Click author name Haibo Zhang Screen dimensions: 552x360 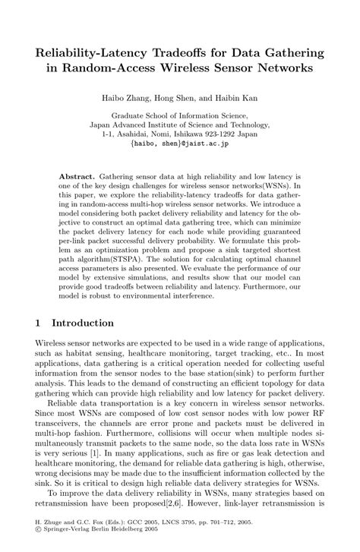tap(136, 99)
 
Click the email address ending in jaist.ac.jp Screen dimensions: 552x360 tap(179, 141)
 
